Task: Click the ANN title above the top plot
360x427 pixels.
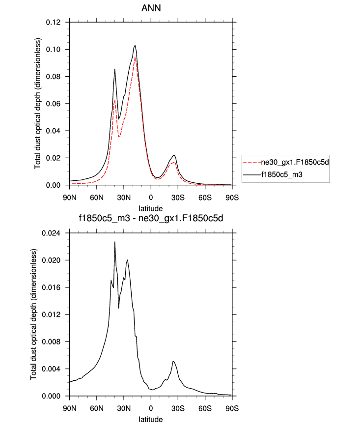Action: [x=151, y=9]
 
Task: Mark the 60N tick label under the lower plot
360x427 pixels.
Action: [x=97, y=408]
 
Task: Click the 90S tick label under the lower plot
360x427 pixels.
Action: [x=232, y=408]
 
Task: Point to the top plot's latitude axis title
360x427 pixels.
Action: [x=151, y=209]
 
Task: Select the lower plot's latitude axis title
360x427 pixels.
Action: [x=151, y=420]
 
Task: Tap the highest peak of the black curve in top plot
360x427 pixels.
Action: [x=135, y=45]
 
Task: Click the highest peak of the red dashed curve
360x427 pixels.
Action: [x=135, y=57]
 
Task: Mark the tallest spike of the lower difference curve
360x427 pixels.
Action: [x=115, y=242]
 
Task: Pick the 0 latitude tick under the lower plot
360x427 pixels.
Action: [x=151, y=408]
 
